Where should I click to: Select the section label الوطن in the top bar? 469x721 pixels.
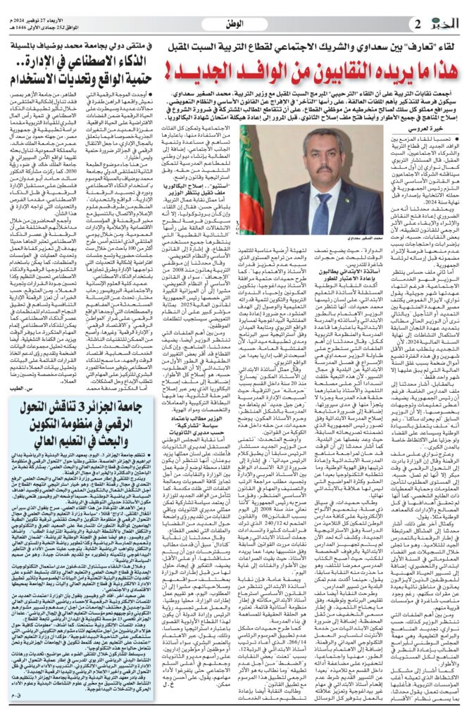(x=233, y=23)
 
